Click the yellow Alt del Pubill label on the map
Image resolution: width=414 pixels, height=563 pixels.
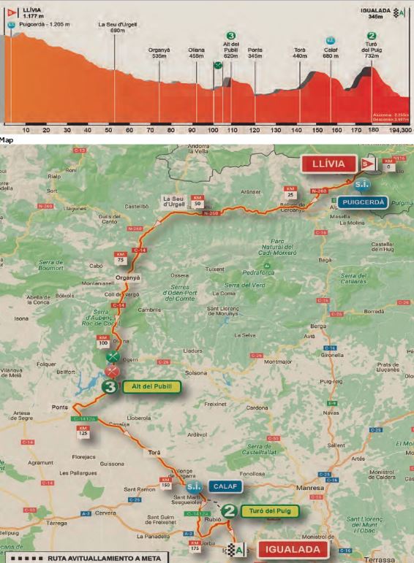(150, 387)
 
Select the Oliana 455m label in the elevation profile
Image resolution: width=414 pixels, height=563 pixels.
(196, 52)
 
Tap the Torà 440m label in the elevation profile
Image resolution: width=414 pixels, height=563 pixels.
(299, 53)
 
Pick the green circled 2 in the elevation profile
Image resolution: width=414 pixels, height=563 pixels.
(372, 35)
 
